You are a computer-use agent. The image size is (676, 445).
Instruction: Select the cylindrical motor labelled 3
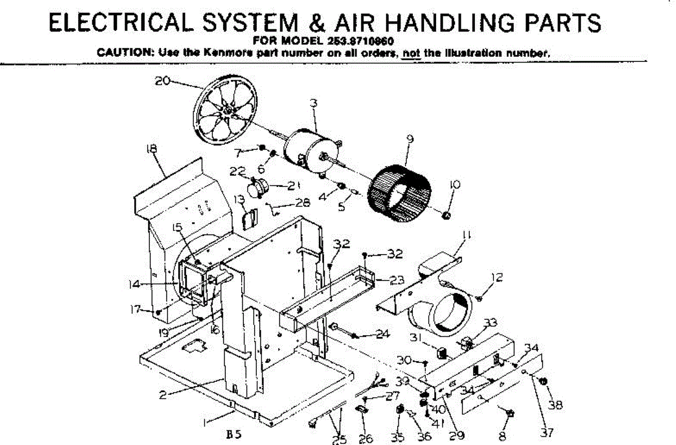tap(307, 149)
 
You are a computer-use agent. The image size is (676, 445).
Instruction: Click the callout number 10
tap(455, 185)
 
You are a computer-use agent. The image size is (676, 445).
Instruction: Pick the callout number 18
tap(151, 149)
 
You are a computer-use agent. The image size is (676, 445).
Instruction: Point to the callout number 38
tap(555, 404)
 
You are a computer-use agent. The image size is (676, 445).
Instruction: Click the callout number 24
tap(383, 334)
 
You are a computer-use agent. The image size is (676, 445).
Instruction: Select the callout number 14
tap(134, 284)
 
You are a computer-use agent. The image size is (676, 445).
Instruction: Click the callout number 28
tap(303, 203)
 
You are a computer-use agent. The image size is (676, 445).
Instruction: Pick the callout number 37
tap(546, 433)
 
